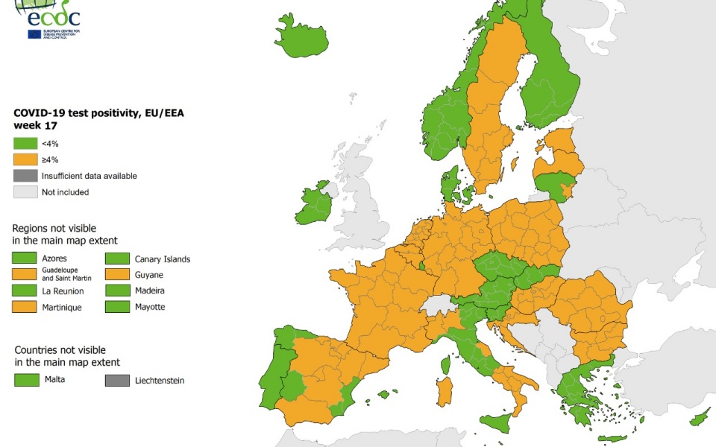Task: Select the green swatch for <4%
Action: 26,143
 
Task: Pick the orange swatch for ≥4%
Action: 26,159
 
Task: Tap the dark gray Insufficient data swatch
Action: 26,176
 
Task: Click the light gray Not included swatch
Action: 26,192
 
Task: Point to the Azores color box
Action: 26,259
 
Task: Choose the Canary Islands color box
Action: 117,259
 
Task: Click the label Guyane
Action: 148,275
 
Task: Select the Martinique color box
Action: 26,307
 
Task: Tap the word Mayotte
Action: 150,307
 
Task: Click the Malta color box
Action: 26,380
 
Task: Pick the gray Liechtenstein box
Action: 117,380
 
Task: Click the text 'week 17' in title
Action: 35,126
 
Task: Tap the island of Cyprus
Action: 700,418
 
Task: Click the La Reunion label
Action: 63,291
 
